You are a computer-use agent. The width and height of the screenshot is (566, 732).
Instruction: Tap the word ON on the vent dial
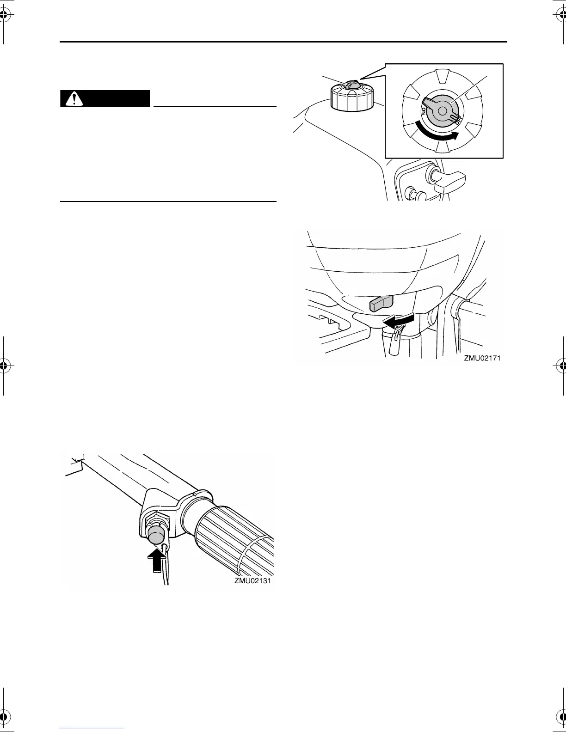tap(424, 111)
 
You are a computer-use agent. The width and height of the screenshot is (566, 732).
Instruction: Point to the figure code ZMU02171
tap(483, 358)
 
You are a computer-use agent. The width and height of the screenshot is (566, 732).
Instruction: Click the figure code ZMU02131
tap(253, 581)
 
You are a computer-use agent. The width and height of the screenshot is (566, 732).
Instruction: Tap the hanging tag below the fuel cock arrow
tap(394, 345)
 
